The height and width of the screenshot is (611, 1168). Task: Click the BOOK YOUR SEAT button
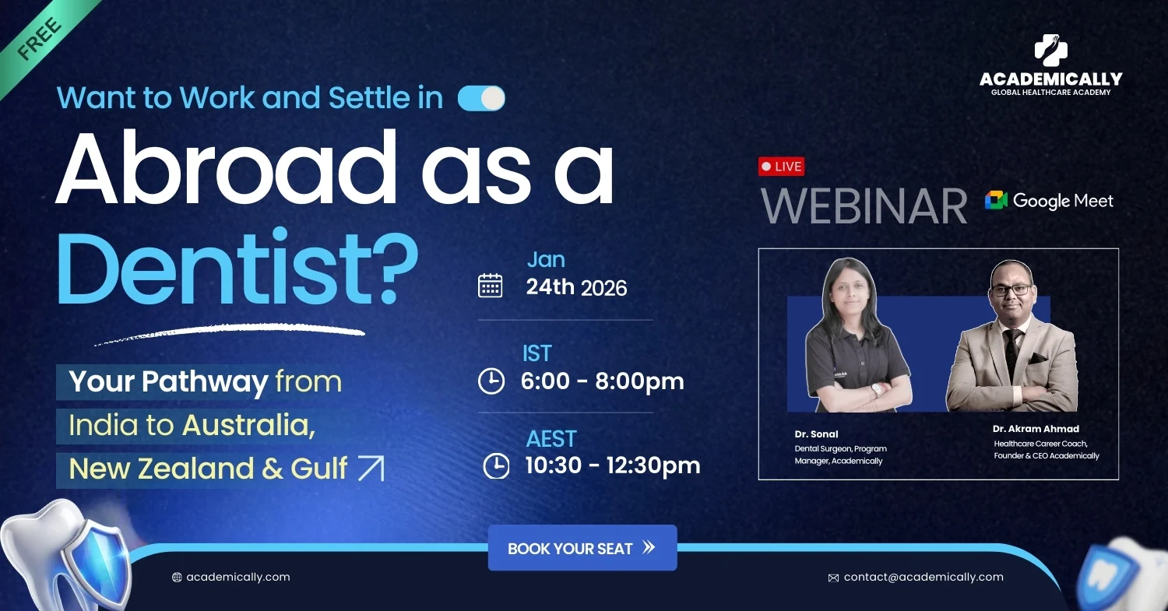coord(582,547)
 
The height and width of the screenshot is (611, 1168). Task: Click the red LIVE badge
coord(781,167)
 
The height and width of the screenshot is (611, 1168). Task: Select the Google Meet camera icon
coord(995,200)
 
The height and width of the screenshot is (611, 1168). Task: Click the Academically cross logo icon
coord(1050,51)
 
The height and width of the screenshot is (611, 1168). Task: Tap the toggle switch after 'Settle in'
coord(481,98)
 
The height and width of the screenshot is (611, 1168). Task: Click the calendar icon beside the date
coord(490,286)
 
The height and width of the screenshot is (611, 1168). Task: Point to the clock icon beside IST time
coord(491,381)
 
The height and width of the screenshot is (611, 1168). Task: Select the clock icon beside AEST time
coord(496,465)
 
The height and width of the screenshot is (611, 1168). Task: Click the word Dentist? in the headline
coord(237,268)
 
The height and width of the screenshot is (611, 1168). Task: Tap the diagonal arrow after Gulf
coord(371,468)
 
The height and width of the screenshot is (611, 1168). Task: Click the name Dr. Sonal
coord(816,434)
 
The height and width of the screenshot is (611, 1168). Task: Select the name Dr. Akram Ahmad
coord(1036,429)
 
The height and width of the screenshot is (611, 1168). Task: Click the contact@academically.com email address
coord(923,577)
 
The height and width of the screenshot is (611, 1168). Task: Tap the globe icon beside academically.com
coord(177,577)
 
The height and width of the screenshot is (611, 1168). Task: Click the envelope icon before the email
coord(833,578)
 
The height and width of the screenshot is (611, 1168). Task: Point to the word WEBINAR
coord(864,206)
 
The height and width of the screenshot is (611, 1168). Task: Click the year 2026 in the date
coord(603,288)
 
